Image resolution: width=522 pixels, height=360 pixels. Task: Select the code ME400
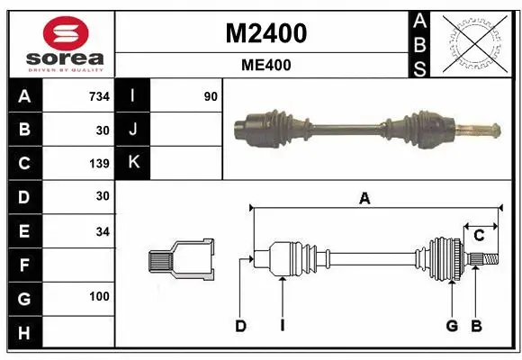(265, 65)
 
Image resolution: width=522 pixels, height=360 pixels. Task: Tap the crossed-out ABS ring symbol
(471, 42)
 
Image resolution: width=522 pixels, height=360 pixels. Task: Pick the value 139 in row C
(99, 164)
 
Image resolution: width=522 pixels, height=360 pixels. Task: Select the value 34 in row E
(102, 231)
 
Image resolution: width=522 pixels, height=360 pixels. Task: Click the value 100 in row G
(99, 297)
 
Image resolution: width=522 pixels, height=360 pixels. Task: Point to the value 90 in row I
(211, 96)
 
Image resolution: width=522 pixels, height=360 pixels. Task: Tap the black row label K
(134, 163)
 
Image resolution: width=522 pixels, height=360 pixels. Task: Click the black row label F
(24, 265)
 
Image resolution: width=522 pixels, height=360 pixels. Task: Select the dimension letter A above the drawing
(364, 199)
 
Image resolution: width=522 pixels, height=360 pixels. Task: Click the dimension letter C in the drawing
(479, 236)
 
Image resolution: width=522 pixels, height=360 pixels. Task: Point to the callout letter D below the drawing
(240, 326)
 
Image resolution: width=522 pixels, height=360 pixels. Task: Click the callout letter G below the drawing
(452, 326)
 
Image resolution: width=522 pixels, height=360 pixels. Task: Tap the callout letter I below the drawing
(282, 326)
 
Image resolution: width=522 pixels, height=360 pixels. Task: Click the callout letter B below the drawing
(476, 326)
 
